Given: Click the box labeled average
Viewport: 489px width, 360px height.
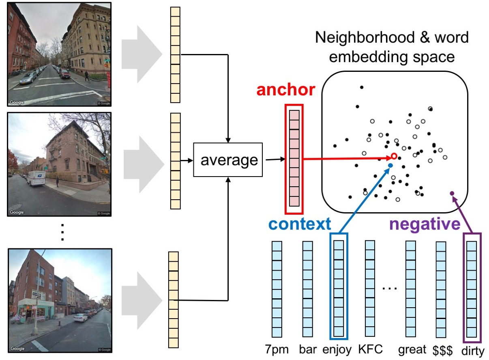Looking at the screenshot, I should pyautogui.click(x=229, y=160).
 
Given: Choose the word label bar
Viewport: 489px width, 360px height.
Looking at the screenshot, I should pyautogui.click(x=308, y=349).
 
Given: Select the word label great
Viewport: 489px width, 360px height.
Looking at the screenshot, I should pyautogui.click(x=412, y=349).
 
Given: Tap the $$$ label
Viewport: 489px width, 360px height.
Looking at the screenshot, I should pyautogui.click(x=441, y=349).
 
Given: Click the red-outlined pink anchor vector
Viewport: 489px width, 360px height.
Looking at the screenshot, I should pyautogui.click(x=294, y=159).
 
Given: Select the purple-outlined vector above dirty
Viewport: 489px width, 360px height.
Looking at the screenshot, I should pyautogui.click(x=472, y=286).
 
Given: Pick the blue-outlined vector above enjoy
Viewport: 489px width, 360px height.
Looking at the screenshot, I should pyautogui.click(x=339, y=286).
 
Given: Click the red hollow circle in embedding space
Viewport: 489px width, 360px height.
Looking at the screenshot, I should pyautogui.click(x=394, y=156).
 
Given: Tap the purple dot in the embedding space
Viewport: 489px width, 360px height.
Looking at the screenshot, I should pyautogui.click(x=452, y=194).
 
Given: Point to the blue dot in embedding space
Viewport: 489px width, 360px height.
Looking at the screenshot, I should pyautogui.click(x=390, y=166).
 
